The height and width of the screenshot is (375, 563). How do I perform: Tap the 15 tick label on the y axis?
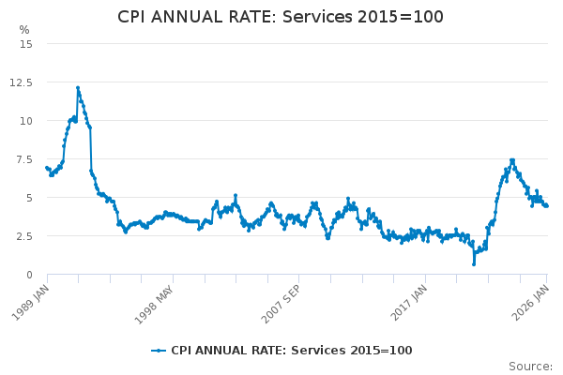click(x=25, y=44)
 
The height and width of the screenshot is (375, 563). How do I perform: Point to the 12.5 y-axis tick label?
click(x=21, y=82)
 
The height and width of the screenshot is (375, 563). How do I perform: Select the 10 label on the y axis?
click(x=25, y=121)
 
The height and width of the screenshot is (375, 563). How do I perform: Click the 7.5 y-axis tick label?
click(x=23, y=159)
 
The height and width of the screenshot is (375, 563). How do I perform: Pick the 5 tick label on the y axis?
click(x=29, y=198)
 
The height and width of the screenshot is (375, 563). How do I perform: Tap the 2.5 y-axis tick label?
click(x=23, y=236)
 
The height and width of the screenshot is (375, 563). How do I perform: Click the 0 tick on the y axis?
click(x=29, y=275)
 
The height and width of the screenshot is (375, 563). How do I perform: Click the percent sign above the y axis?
click(x=24, y=30)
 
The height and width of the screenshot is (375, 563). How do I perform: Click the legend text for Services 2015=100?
click(x=291, y=351)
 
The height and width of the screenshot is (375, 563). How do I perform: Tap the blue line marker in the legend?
click(x=159, y=351)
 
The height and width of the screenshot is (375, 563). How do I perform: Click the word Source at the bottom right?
click(x=530, y=366)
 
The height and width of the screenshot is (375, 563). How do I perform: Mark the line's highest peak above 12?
click(x=78, y=88)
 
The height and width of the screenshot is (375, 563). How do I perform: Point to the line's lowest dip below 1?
click(x=474, y=263)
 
